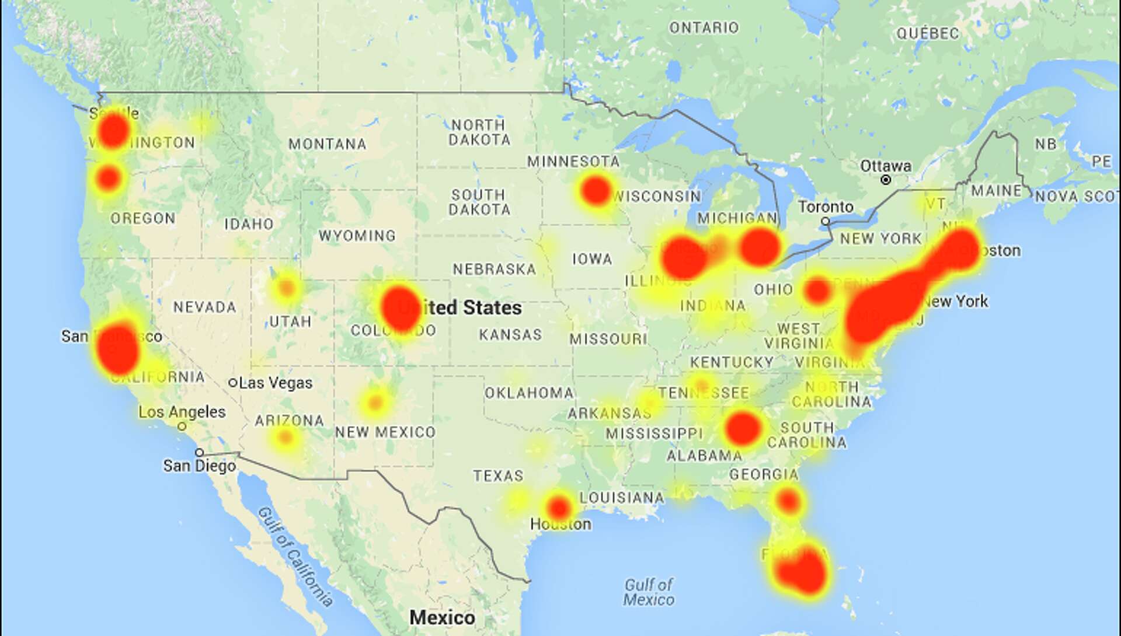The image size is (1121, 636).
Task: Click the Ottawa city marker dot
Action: pos(886,180)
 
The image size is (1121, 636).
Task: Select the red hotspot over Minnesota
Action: pos(596,190)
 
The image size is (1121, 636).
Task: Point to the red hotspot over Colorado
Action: pos(401,309)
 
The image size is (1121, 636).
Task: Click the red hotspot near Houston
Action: pos(559,507)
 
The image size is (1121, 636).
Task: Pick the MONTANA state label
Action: pos(327,144)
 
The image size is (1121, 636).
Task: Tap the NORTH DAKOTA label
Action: pos(479,132)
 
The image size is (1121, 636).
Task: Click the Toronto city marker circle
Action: pos(826,221)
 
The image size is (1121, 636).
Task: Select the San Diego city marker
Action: pos(200,452)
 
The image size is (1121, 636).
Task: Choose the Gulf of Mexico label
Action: pos(648,592)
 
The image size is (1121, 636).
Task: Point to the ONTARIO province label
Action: pos(704,27)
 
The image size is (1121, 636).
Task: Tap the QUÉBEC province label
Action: pos(928,33)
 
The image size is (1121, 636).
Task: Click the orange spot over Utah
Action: pos(286,288)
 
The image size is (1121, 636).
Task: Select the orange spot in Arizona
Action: pos(285,437)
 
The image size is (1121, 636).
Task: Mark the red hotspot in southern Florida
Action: pos(804,571)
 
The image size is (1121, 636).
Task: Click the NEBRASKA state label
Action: pos(494,269)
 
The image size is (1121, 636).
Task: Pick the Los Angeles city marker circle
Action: pos(182,427)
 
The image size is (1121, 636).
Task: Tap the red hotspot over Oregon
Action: pos(109,178)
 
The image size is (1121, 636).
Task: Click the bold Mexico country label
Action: pos(442,617)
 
